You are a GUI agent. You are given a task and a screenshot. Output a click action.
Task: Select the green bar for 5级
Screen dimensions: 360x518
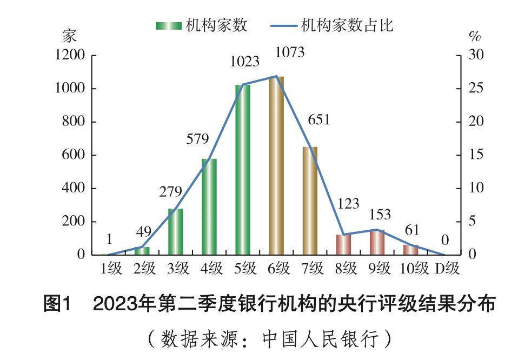(243, 170)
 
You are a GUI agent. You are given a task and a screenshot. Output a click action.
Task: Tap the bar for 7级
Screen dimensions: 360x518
(310, 201)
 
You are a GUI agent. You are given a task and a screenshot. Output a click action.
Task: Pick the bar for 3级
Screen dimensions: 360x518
(176, 231)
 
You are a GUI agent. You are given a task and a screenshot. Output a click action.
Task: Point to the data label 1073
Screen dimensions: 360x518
(290, 52)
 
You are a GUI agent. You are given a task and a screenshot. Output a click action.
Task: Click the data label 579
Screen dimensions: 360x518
(197, 139)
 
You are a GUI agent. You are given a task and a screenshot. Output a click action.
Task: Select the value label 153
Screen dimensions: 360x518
(380, 215)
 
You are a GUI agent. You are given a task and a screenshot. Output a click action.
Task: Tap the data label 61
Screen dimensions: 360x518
(412, 231)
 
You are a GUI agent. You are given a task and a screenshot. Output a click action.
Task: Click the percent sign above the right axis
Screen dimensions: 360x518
(474, 37)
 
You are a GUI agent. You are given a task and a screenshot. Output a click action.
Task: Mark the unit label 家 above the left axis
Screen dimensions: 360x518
(69, 36)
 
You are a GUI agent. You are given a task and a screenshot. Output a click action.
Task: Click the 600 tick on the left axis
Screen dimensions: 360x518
(74, 155)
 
